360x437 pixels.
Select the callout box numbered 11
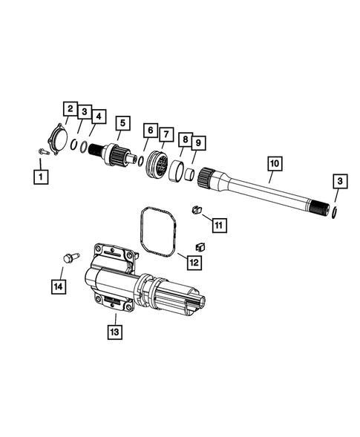pos(220,223)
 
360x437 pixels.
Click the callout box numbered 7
pos(162,132)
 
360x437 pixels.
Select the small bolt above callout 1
pos(42,152)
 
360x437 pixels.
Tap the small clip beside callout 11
pos(197,209)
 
